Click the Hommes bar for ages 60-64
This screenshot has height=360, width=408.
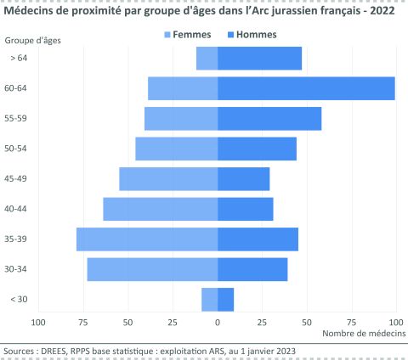click(x=306, y=88)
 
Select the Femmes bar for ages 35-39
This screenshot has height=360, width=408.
click(x=147, y=239)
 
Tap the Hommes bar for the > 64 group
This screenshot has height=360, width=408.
click(x=259, y=59)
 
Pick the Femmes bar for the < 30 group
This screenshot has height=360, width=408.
click(x=209, y=299)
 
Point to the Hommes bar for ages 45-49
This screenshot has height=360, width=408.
click(x=243, y=178)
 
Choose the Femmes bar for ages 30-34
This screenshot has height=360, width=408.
click(x=152, y=269)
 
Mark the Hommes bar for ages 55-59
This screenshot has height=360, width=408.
click(x=269, y=119)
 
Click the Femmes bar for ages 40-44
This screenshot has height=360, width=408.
click(x=161, y=209)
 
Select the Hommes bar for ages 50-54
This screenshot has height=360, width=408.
click(x=257, y=149)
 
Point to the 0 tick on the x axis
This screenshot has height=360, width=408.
click(x=218, y=323)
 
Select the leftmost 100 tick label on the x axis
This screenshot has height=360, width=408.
click(x=38, y=323)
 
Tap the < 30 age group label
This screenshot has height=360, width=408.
click(x=18, y=299)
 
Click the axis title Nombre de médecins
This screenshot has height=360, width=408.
click(x=365, y=335)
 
